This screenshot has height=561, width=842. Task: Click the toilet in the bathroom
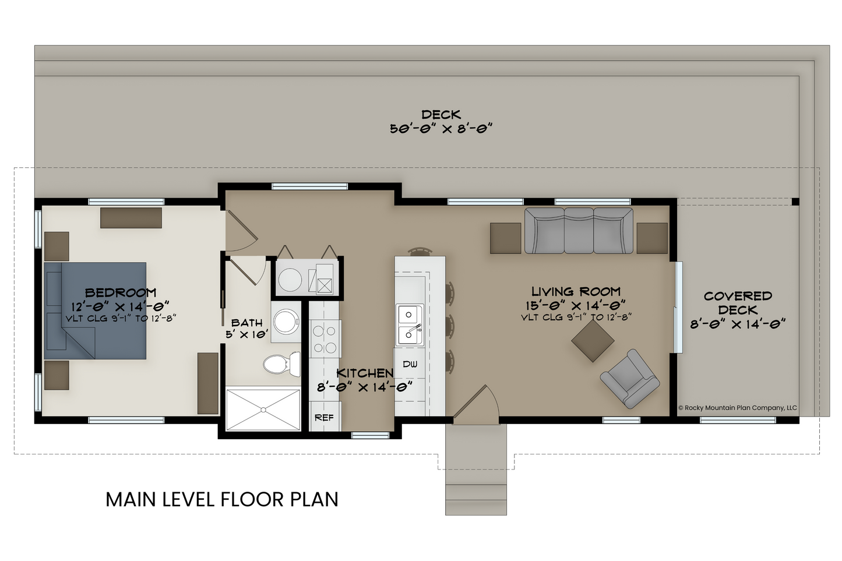click(282, 364)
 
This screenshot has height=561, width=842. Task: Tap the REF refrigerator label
click(324, 417)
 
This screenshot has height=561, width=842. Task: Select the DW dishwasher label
click(410, 364)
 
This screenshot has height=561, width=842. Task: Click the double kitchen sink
click(410, 324)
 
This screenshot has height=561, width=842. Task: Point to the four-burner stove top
click(325, 338)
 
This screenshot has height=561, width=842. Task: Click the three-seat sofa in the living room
click(579, 230)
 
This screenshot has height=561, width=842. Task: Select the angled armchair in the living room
click(630, 379)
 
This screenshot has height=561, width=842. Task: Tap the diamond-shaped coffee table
click(593, 341)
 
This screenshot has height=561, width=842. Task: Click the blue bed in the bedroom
click(95, 311)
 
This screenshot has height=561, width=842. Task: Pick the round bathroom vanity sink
click(286, 321)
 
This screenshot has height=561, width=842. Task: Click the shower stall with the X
click(263, 409)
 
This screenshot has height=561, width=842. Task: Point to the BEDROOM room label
click(121, 292)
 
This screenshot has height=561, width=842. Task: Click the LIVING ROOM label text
click(576, 291)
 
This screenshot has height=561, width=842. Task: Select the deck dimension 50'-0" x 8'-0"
click(441, 129)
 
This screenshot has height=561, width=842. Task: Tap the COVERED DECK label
click(738, 303)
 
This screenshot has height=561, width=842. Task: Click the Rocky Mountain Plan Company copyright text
click(738, 408)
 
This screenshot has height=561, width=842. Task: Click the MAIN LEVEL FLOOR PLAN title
click(222, 499)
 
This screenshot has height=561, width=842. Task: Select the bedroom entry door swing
click(241, 231)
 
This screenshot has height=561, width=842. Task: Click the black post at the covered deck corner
click(795, 202)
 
